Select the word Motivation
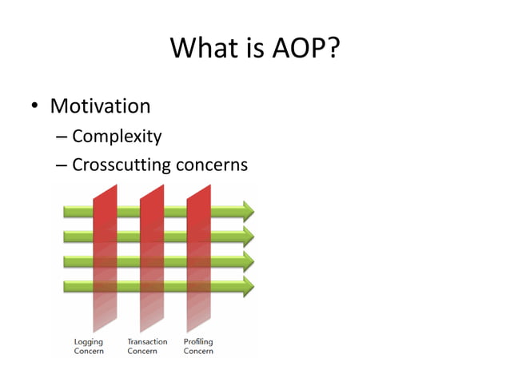pos(100,106)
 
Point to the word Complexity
pos(117,137)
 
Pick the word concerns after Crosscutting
pos(211,165)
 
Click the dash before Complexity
pos(62,137)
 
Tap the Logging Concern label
pos(89,347)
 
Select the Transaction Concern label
pos(147,347)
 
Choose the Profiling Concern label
pos(198,347)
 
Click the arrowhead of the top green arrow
pos(248,211)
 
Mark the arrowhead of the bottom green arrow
pos(248,285)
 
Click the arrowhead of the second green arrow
pos(248,236)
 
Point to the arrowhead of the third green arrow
pos(248,261)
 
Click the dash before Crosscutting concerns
pos(62,166)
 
